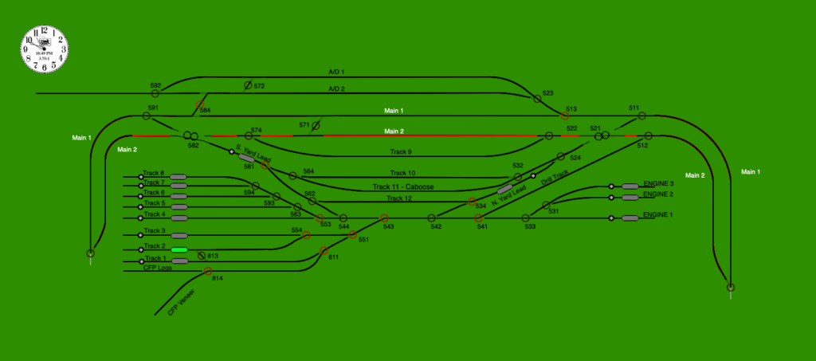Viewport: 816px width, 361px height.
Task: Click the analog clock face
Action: coord(45,49)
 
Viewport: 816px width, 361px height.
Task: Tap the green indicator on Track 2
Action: coord(178,249)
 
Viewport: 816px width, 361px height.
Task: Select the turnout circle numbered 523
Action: coord(537,99)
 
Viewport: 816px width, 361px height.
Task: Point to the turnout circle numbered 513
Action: coord(564,116)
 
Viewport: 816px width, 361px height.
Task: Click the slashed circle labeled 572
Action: coord(248,84)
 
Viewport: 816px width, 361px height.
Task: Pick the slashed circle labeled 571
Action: coord(316,125)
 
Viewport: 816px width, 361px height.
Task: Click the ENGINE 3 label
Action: coord(658,184)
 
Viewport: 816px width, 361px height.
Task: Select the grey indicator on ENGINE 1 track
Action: coord(630,218)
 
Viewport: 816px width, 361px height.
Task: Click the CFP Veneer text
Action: coord(182,302)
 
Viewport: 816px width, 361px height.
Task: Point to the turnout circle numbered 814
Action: coord(208,271)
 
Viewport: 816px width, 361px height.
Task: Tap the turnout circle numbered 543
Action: coord(384,218)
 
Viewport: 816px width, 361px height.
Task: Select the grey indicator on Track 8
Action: coord(178,176)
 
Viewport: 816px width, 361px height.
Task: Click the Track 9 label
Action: coord(400,151)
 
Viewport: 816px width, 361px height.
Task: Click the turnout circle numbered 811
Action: coord(324,251)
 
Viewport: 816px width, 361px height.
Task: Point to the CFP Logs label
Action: coord(157,268)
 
